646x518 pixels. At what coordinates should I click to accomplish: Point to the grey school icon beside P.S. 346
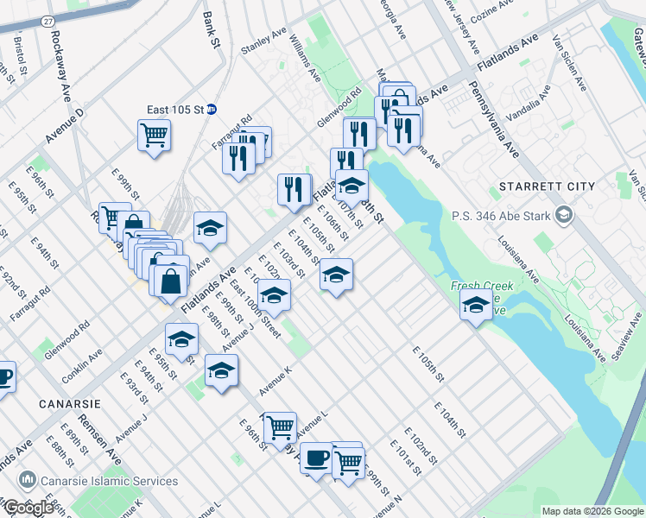564,214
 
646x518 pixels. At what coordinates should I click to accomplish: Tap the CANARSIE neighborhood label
70,403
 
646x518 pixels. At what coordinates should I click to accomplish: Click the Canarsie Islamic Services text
110,481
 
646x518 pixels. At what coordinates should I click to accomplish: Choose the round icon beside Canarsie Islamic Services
28,480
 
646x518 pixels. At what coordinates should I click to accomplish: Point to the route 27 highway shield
47,19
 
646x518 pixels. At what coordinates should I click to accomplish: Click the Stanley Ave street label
263,42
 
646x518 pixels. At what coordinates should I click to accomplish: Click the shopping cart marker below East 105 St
154,135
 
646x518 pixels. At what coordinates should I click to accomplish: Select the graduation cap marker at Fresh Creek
475,304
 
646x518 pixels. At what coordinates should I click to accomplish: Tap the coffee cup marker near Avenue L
316,456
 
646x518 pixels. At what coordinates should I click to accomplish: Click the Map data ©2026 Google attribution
592,511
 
